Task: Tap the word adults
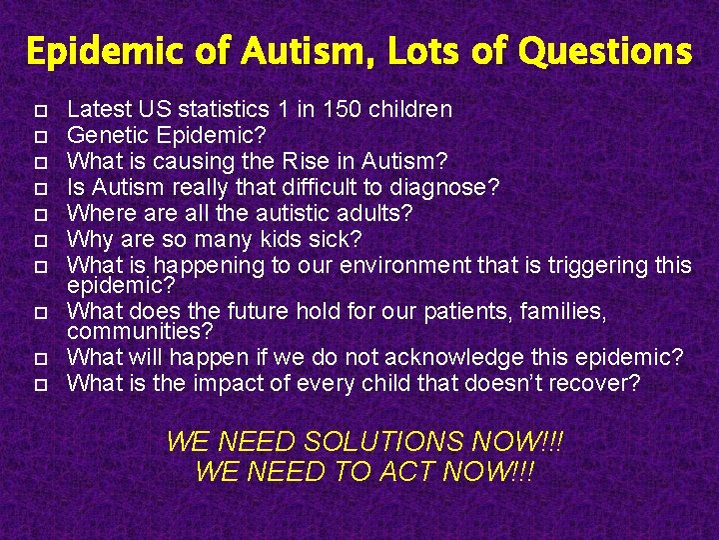click(376, 213)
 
